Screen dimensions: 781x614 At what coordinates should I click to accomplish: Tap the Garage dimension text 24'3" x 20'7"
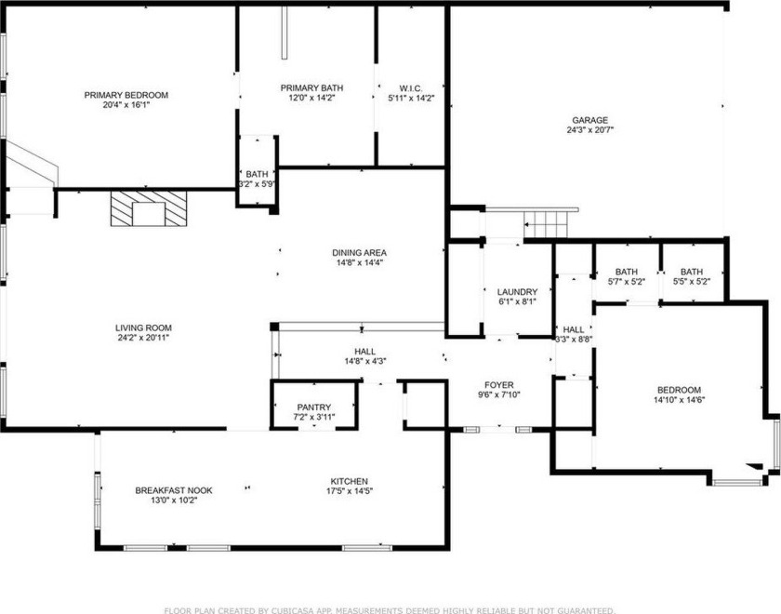[589, 130]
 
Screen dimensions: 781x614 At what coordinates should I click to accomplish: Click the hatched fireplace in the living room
[149, 208]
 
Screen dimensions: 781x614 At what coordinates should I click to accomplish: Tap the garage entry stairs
[546, 224]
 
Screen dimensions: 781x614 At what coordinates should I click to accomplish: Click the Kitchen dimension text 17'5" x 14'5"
[350, 491]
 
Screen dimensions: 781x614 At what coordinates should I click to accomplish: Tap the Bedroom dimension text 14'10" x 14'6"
[680, 400]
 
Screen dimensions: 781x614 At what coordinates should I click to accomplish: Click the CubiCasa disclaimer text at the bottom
[390, 610]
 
